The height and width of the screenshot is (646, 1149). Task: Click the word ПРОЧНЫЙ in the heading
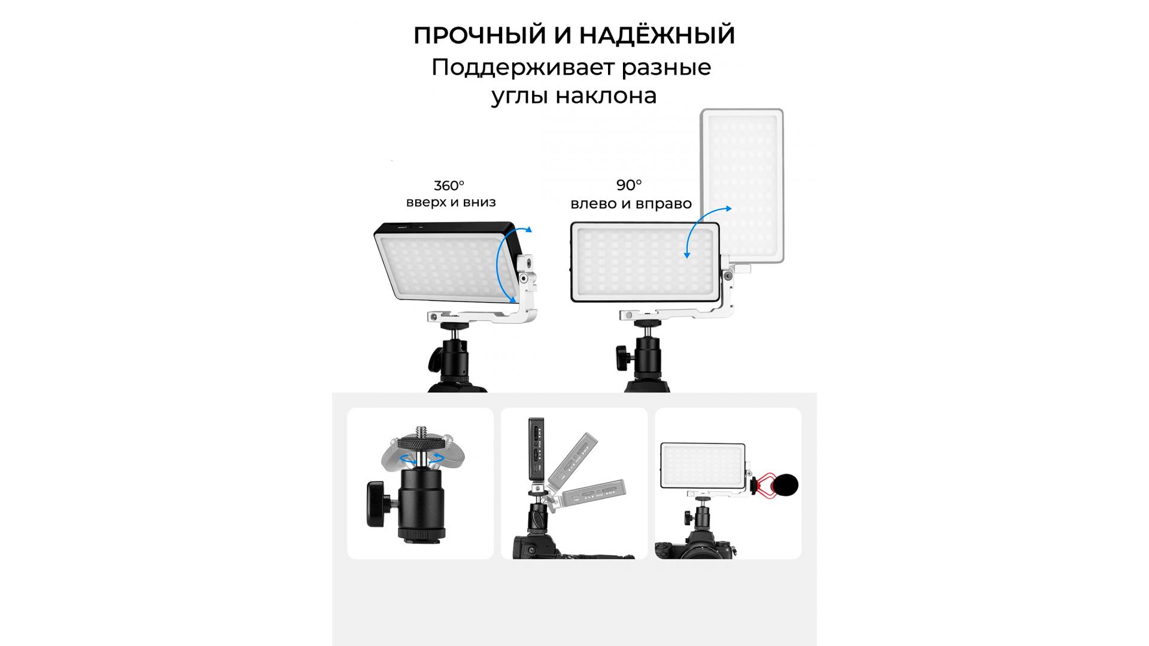click(480, 35)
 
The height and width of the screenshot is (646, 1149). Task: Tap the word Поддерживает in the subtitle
click(523, 68)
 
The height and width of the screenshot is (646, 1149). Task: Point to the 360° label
click(449, 186)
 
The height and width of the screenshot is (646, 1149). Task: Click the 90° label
click(629, 185)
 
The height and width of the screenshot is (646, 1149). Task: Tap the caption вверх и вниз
click(451, 202)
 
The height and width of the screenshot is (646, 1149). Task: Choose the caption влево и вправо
click(631, 204)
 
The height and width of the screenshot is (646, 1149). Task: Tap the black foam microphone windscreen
click(785, 485)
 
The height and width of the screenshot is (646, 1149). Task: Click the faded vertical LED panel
click(742, 185)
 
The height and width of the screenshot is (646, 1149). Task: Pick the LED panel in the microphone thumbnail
click(703, 466)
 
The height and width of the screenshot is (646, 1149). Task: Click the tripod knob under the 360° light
click(434, 359)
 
